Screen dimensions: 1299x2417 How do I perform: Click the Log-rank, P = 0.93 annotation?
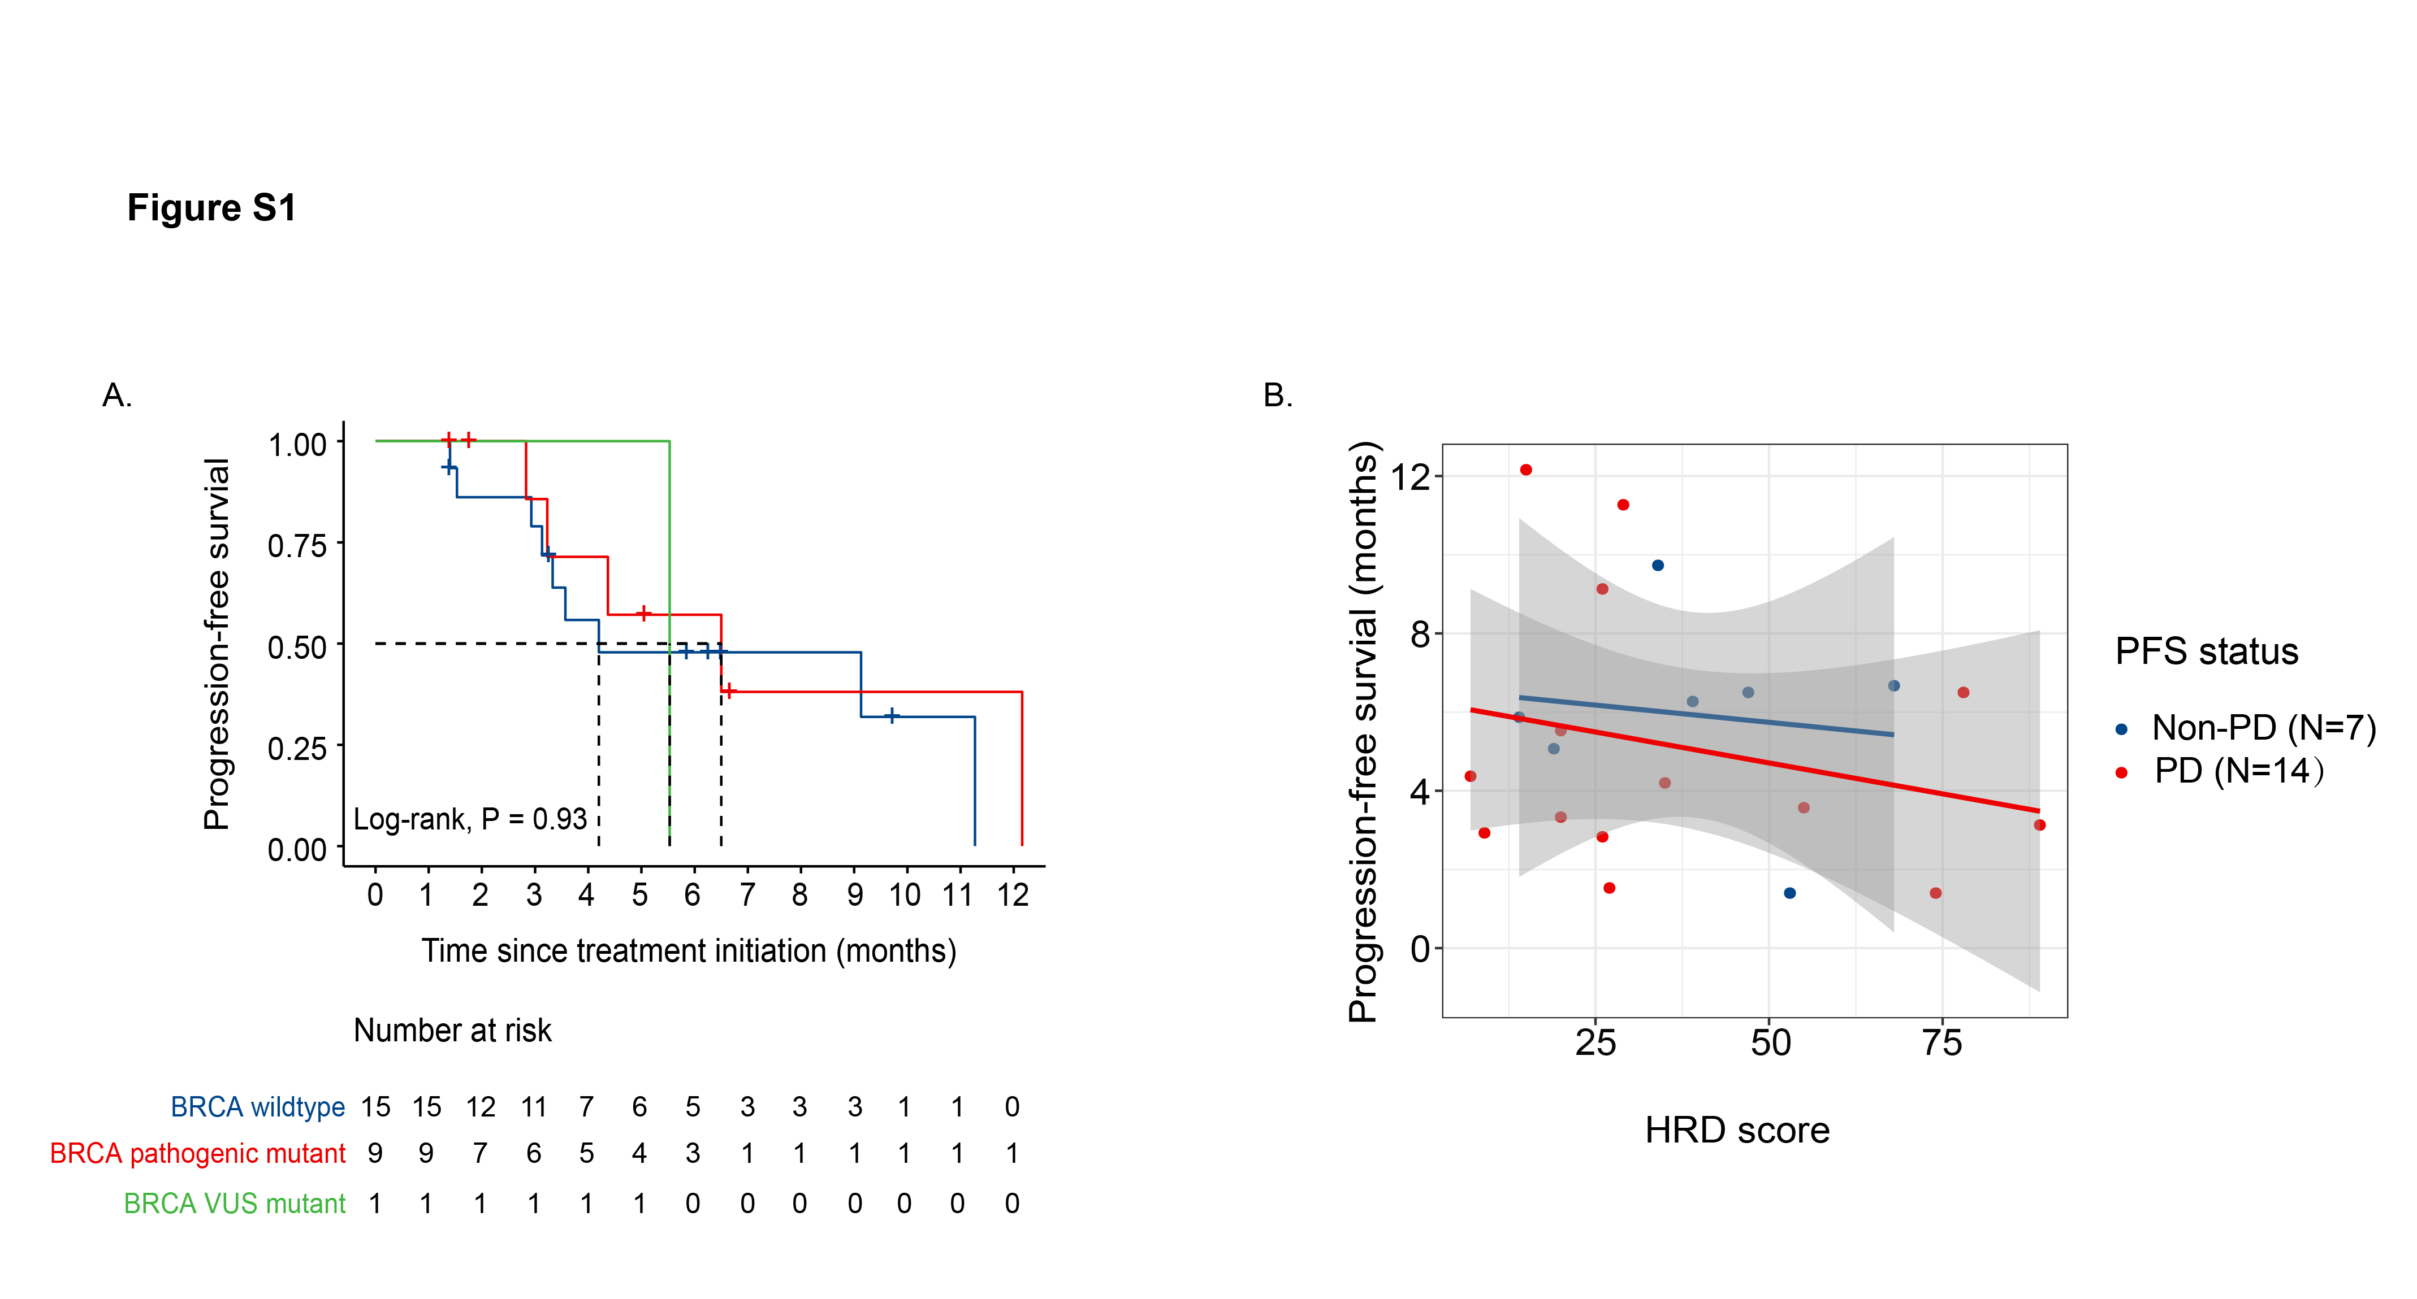[x=469, y=820]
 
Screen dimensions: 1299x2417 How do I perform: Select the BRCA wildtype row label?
[x=258, y=1107]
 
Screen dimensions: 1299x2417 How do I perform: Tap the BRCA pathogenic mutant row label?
[x=197, y=1154]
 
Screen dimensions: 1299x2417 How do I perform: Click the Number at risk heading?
[x=452, y=1031]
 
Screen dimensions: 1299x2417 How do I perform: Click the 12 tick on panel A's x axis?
[x=1013, y=896]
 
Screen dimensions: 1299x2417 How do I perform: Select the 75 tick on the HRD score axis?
[x=1942, y=1043]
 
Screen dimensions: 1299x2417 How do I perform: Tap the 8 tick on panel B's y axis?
[x=1420, y=635]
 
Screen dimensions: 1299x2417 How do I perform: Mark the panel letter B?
[x=1277, y=396]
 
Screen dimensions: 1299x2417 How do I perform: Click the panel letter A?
[x=117, y=396]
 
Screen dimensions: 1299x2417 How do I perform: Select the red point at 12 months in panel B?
[x=1525, y=470]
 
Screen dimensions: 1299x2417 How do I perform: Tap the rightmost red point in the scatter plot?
[x=2039, y=826]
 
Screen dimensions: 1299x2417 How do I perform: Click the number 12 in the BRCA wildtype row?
[x=481, y=1107]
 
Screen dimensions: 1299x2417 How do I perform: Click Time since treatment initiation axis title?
[x=689, y=951]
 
